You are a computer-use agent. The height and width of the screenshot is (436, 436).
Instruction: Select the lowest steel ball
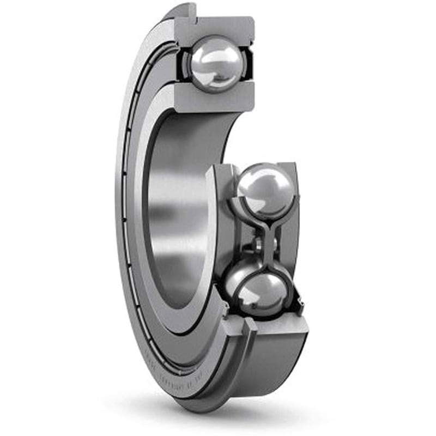point(261,292)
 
